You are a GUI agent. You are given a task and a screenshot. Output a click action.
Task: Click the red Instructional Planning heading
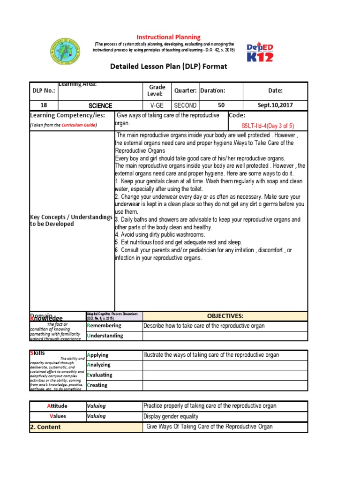click(168, 37)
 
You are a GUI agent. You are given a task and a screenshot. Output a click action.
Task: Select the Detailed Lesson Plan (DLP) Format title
click(168, 66)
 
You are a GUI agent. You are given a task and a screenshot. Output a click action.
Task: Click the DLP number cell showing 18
click(44, 105)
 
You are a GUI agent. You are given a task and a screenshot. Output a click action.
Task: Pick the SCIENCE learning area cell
click(100, 106)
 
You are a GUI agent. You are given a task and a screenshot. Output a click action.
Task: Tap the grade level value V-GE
click(157, 105)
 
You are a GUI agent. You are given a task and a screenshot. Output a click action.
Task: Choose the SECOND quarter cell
click(185, 105)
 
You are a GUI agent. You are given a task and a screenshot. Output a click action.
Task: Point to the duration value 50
click(221, 105)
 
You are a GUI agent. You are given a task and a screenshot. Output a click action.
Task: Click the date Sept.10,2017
click(275, 105)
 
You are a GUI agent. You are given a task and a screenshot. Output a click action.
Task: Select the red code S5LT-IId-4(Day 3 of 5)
click(268, 126)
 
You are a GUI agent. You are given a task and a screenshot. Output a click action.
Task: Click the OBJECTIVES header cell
click(225, 316)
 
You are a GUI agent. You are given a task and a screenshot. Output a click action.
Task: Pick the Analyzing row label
click(99, 365)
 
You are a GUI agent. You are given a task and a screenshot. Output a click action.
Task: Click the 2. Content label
click(45, 427)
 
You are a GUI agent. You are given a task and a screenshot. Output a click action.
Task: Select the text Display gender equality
click(171, 416)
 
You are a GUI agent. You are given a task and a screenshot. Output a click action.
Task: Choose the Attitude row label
click(57, 406)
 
